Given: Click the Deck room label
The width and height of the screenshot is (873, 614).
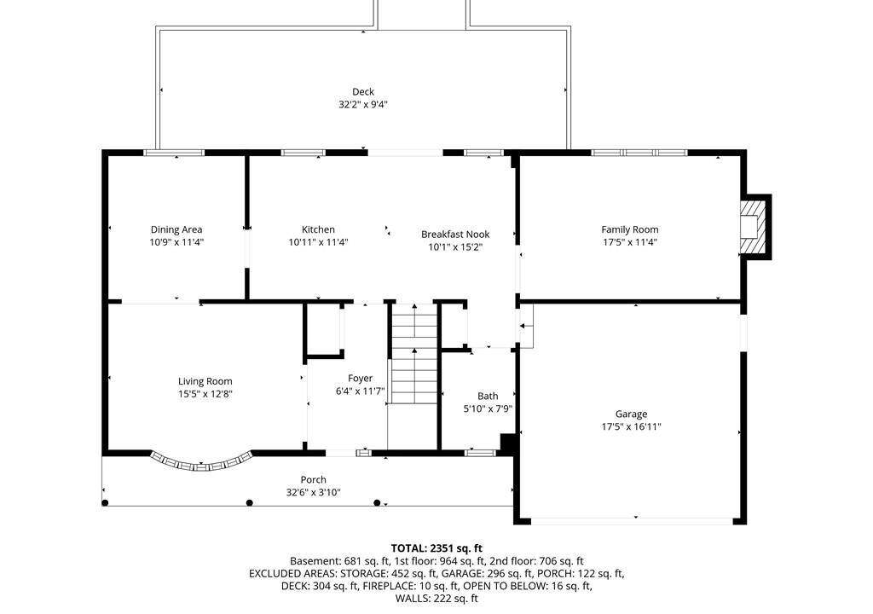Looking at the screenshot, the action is click(363, 92).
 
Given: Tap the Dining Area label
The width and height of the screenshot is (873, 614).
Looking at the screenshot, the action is click(176, 229).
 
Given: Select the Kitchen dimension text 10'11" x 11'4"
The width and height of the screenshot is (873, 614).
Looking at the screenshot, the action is click(319, 242).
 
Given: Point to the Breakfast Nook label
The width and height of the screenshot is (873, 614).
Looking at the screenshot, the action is click(455, 235).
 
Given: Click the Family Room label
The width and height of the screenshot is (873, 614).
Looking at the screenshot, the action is click(630, 229).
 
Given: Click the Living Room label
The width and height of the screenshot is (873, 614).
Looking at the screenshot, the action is click(205, 382).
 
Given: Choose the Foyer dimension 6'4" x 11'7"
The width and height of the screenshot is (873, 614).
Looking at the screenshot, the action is click(361, 391).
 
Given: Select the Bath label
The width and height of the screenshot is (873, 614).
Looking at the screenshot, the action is click(488, 397).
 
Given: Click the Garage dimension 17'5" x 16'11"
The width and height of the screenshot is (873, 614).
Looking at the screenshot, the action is click(631, 426).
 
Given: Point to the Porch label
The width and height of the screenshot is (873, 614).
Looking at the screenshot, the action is click(314, 480).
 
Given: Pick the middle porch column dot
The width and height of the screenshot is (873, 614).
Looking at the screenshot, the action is click(250, 503).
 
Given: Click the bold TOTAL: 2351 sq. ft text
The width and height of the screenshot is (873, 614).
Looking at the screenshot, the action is click(436, 548).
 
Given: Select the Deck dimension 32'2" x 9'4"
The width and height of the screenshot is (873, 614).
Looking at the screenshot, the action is click(363, 105).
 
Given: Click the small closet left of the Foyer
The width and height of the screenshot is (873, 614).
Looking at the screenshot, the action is click(324, 328).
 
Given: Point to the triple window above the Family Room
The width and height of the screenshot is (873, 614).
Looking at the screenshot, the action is click(639, 153).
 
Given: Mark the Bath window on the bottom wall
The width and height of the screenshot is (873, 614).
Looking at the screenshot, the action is click(480, 453).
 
